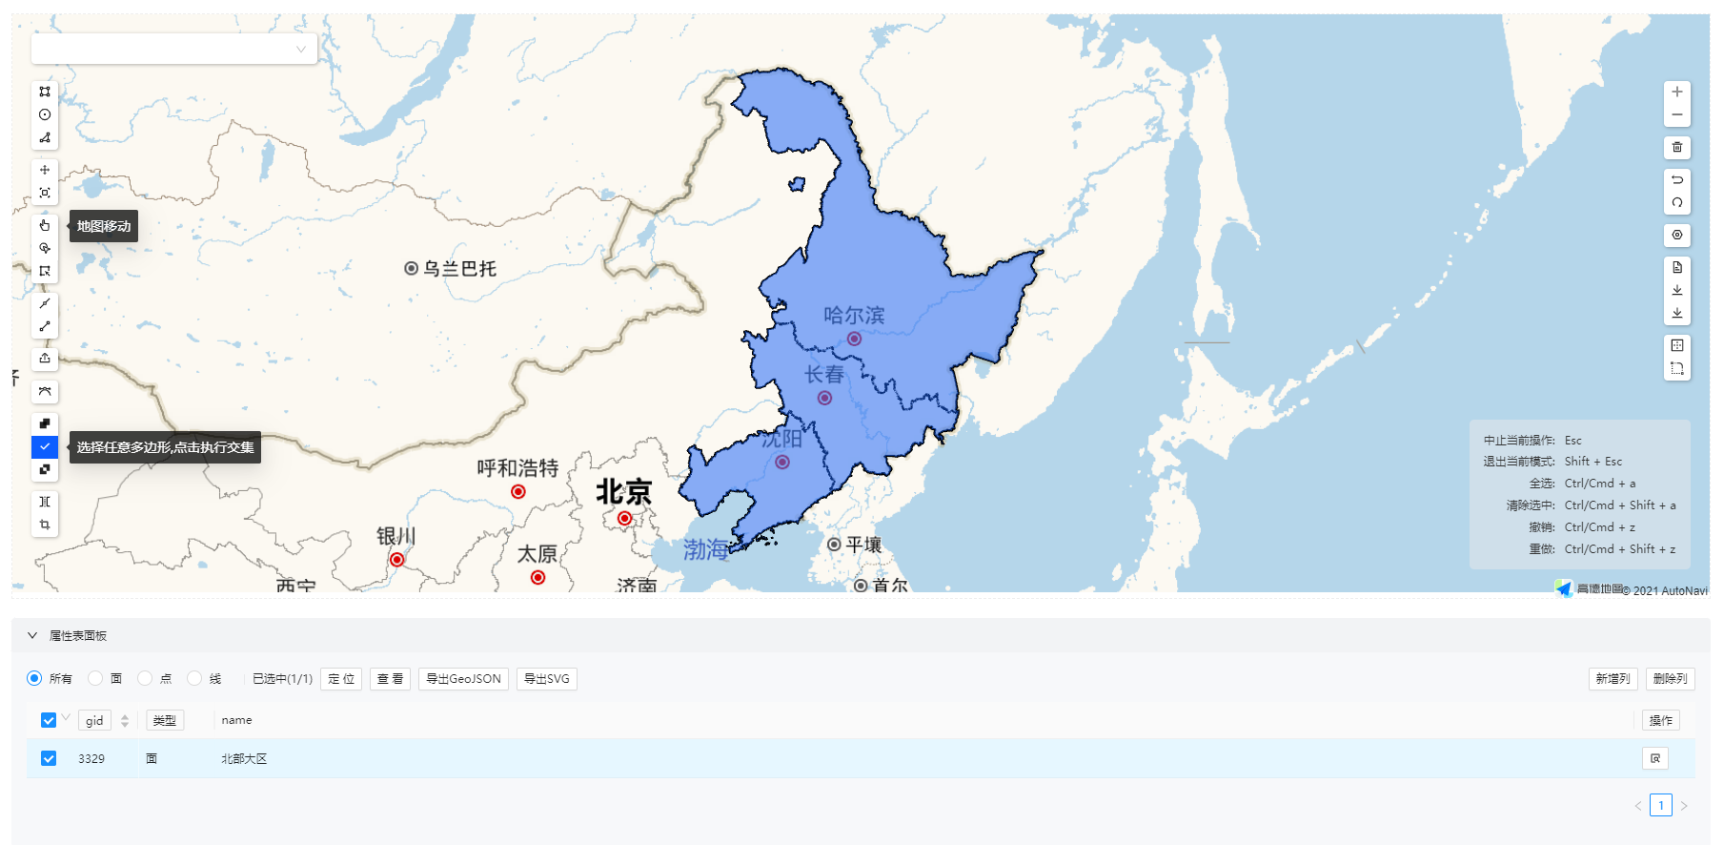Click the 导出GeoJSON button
pyautogui.click(x=463, y=679)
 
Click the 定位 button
pyautogui.click(x=341, y=679)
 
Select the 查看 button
pyautogui.click(x=390, y=679)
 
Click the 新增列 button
pyautogui.click(x=1612, y=679)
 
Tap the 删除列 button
pyautogui.click(x=1670, y=679)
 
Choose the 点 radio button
pyautogui.click(x=145, y=678)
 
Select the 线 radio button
pyautogui.click(x=194, y=678)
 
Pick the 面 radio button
pyautogui.click(x=95, y=678)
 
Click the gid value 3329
pyautogui.click(x=91, y=759)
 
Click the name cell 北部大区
pyautogui.click(x=244, y=759)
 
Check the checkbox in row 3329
pyautogui.click(x=49, y=758)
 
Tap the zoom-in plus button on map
pyautogui.click(x=1677, y=92)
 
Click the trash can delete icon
pyautogui.click(x=1677, y=147)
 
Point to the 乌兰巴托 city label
pyautogui.click(x=459, y=269)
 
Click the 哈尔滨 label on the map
pyautogui.click(x=854, y=316)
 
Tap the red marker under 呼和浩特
pyautogui.click(x=518, y=492)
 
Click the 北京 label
pyautogui.click(x=624, y=492)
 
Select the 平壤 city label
pyautogui.click(x=863, y=545)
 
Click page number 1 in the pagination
pyautogui.click(x=1661, y=805)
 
